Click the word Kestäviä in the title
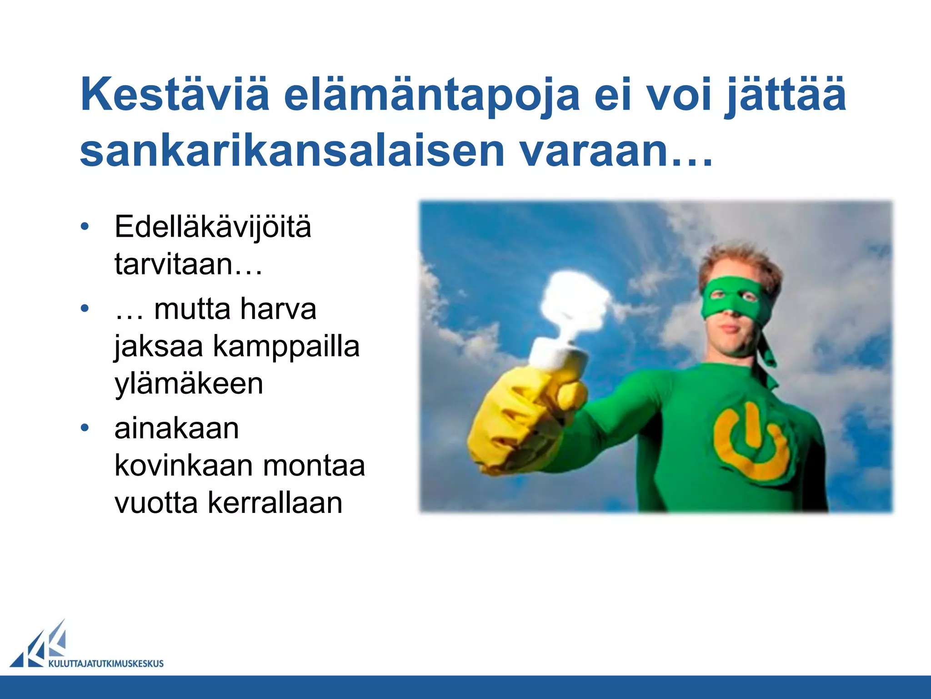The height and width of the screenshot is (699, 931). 175,94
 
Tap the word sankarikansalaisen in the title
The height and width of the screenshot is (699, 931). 292,151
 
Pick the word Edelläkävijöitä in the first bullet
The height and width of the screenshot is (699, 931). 213,227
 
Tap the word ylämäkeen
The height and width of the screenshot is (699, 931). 189,384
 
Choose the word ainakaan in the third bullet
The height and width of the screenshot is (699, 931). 176,428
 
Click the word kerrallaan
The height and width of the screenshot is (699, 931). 275,503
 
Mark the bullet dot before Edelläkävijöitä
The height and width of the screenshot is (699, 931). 85,227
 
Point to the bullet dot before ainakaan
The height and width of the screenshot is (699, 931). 85,428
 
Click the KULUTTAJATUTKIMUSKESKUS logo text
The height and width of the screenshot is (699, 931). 106,664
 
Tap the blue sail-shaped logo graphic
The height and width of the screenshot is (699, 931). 41,646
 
